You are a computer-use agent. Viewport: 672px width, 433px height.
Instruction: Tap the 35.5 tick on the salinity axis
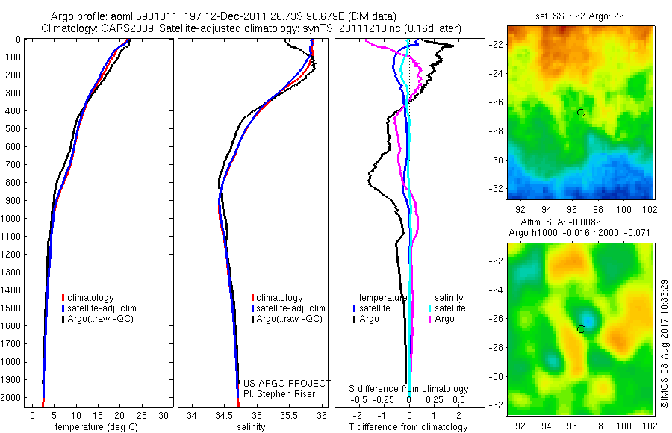coord(290,415)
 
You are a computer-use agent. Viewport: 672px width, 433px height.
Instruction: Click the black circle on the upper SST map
coord(582,112)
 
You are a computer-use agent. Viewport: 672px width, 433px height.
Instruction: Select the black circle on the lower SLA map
coord(582,328)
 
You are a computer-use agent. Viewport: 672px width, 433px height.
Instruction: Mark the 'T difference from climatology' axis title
coord(409,427)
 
